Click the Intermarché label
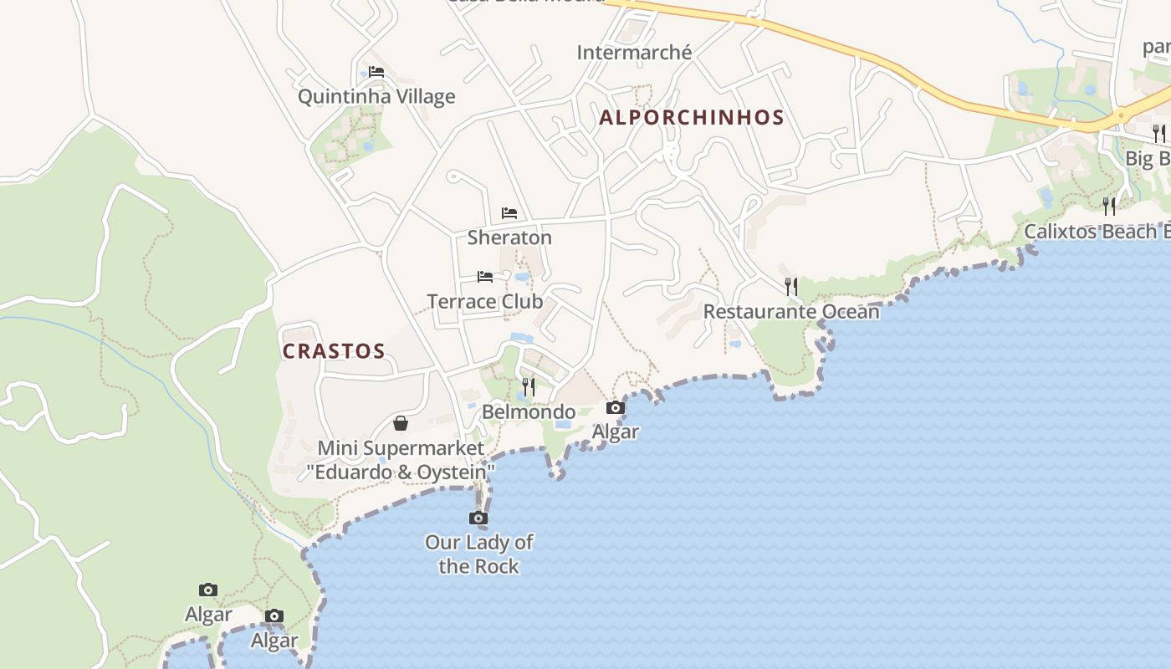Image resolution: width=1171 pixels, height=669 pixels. click(x=634, y=53)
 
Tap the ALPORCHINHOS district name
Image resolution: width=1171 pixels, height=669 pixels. click(x=692, y=117)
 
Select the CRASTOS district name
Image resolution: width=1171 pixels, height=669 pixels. click(x=334, y=351)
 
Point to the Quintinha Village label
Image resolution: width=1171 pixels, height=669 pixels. click(x=376, y=97)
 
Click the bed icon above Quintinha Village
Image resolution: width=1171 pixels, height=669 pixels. click(x=376, y=72)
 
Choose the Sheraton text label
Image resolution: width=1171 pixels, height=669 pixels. click(x=509, y=237)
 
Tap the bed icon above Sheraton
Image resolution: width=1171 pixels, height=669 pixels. click(x=509, y=213)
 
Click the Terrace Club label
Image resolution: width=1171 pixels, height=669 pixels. click(x=485, y=301)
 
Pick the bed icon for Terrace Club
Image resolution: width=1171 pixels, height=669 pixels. click(x=485, y=277)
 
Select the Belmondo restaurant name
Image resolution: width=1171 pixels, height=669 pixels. click(x=529, y=412)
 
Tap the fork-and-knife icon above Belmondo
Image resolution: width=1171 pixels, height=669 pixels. click(x=529, y=387)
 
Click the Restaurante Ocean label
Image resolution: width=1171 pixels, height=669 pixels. click(x=791, y=312)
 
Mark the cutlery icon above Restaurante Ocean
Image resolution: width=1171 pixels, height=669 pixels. click(x=791, y=287)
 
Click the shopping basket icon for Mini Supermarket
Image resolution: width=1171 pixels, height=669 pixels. click(x=401, y=423)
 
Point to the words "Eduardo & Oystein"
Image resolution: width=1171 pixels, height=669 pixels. click(x=401, y=472)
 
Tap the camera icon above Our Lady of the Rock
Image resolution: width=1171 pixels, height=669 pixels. click(x=478, y=518)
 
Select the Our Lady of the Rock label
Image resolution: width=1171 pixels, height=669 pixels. click(x=478, y=554)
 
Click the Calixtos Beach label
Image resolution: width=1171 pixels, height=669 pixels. click(x=1096, y=232)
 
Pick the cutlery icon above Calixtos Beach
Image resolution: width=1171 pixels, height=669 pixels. click(x=1109, y=206)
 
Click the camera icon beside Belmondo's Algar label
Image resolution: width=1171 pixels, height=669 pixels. click(x=616, y=408)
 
